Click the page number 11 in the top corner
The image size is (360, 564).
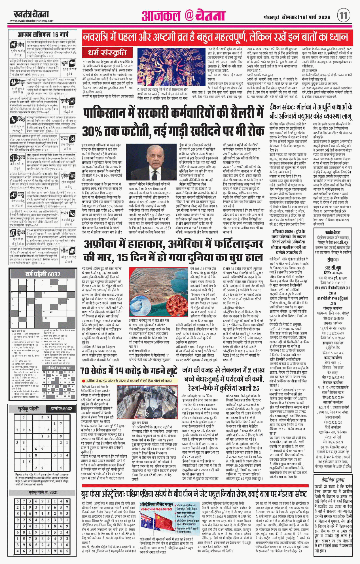point(343,15)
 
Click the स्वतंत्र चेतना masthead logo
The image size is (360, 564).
point(31,14)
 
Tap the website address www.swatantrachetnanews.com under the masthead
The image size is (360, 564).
point(32,21)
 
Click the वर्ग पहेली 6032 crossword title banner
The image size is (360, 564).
point(43,274)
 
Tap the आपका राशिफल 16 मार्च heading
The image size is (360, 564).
point(43,35)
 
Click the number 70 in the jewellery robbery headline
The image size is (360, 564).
point(85,371)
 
